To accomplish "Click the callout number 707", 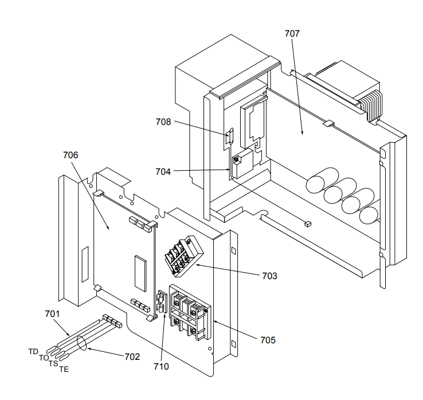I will point(292,33).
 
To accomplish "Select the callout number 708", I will point(163,121).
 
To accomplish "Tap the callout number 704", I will point(163,170).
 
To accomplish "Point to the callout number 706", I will point(70,155).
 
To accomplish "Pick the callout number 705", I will point(267,340).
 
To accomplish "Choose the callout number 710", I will point(161,366).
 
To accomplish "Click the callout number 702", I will point(132,356).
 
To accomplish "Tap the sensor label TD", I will point(33,351).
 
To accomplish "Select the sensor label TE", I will point(64,369).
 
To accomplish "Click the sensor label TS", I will point(53,363).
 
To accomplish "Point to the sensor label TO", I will point(44,358).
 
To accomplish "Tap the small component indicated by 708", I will point(230,136).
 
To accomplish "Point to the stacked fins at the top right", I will point(371,105).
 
